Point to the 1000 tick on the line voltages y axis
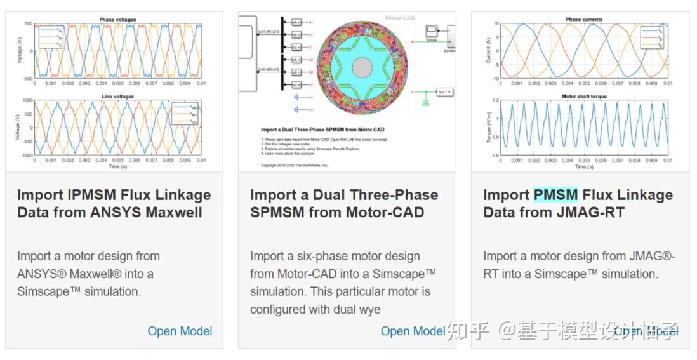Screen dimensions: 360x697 (27, 101)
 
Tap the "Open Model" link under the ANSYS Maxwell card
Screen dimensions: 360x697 (180, 331)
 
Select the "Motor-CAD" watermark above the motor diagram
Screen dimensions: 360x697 (400, 18)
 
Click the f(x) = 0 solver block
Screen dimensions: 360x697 (444, 92)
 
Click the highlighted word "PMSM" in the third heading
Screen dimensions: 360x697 (555, 195)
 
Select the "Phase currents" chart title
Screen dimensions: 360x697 (584, 20)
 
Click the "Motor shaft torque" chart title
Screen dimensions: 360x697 (584, 97)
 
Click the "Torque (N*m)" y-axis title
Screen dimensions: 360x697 (489, 128)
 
